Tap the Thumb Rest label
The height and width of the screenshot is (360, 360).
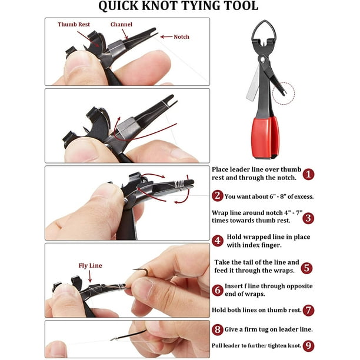pos(74,25)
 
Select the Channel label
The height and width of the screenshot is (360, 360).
pos(121,25)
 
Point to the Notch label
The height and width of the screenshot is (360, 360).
pos(181,36)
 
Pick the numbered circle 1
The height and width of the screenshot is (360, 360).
pos(309,174)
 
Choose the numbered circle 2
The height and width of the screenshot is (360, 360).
pos(218,196)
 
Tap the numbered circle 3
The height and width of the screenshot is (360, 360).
pos(309,218)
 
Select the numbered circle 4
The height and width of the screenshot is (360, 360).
pos(218,241)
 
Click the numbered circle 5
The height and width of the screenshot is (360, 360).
pos(306,268)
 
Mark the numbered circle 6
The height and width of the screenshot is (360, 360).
pos(218,290)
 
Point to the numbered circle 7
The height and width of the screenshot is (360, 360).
pos(309,309)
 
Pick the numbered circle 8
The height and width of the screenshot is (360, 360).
pos(218,329)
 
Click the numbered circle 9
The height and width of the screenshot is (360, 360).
pos(309,346)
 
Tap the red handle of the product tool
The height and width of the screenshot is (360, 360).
pos(265,137)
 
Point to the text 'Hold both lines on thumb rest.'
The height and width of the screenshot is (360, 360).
pos(256,309)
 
